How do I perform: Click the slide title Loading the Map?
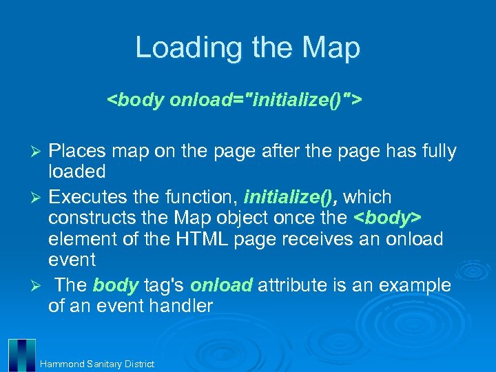coord(247,48)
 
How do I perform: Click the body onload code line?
coord(234,101)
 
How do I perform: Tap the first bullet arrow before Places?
coord(39,152)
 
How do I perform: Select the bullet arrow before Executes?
coord(39,198)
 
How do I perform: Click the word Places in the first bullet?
coord(78,151)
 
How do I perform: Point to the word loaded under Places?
coord(76,171)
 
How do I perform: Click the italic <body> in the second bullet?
coord(387,219)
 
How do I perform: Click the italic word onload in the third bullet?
coord(220,285)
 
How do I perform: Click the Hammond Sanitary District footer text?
coord(97,364)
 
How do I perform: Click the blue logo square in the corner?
coord(21,355)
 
